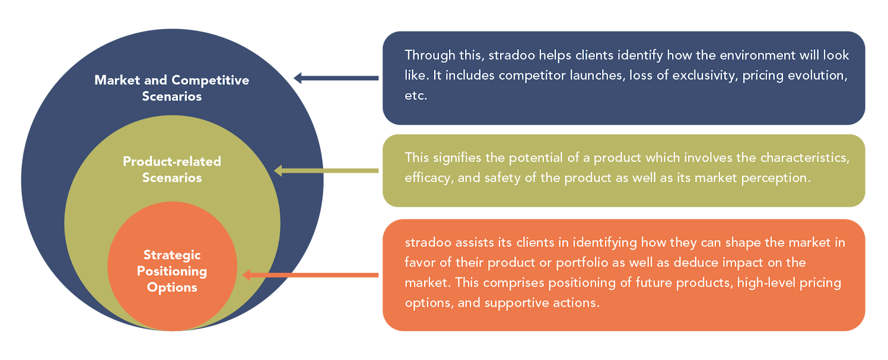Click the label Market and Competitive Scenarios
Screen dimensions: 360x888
(172, 88)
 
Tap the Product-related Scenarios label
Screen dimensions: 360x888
(172, 169)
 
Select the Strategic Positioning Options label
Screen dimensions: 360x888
(172, 271)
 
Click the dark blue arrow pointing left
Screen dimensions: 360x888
(336, 78)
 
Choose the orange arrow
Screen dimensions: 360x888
(311, 275)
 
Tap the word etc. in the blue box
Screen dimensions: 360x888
(416, 95)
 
